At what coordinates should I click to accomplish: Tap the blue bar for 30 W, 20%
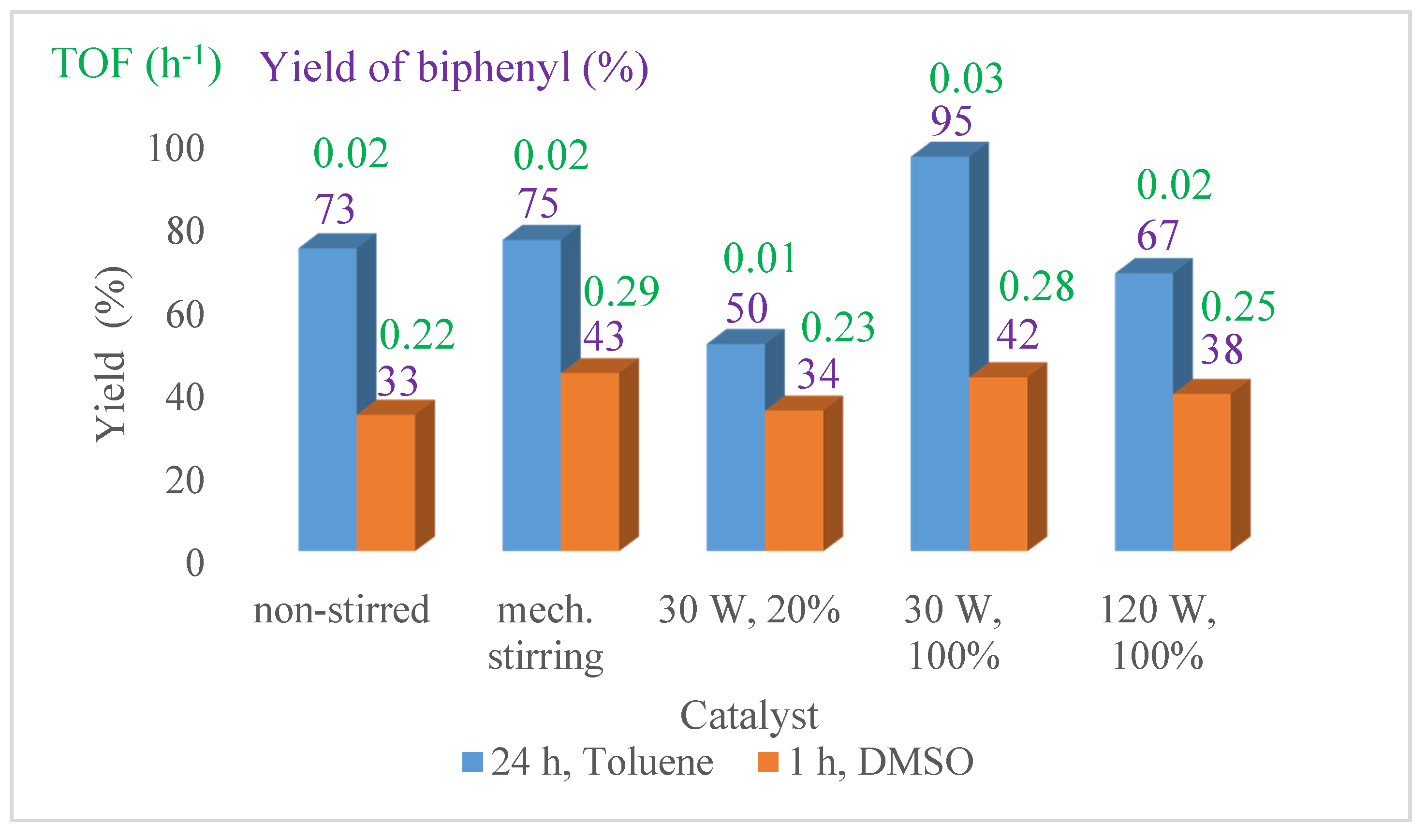(736, 447)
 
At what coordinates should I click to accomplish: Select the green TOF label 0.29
(621, 291)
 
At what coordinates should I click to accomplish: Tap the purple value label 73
(335, 209)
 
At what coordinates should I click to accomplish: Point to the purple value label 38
(1222, 349)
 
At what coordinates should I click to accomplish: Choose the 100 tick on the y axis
(176, 149)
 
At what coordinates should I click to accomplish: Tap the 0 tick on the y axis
(195, 563)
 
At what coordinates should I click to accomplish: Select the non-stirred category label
(341, 611)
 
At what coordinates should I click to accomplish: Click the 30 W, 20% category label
(749, 610)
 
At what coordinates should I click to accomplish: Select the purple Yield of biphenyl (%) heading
(454, 68)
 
